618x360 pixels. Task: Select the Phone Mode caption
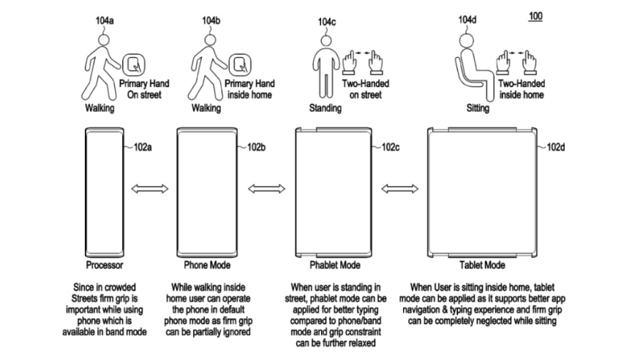(210, 265)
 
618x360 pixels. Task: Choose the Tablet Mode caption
(481, 265)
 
